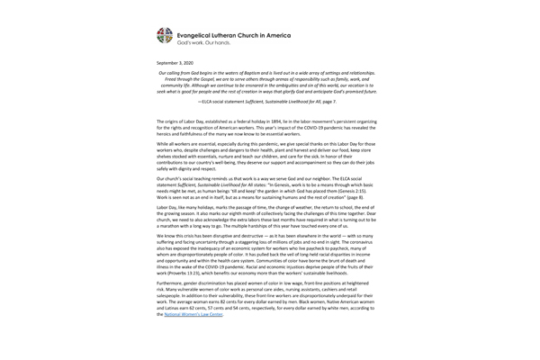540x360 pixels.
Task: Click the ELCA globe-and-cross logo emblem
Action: [162, 34]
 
